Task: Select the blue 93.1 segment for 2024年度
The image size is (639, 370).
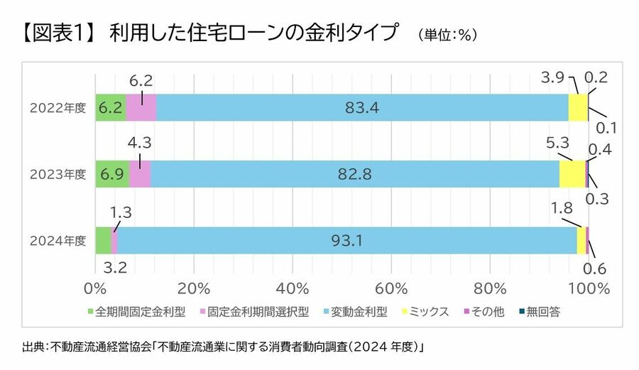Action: coord(346,241)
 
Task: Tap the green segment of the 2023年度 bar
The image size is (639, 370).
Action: coord(112,174)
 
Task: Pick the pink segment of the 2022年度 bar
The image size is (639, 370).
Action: coord(141,108)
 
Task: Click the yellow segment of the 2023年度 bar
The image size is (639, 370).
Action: coord(572,174)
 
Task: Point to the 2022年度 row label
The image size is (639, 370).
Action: coord(58,108)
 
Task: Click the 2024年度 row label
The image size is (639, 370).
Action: coord(58,241)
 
